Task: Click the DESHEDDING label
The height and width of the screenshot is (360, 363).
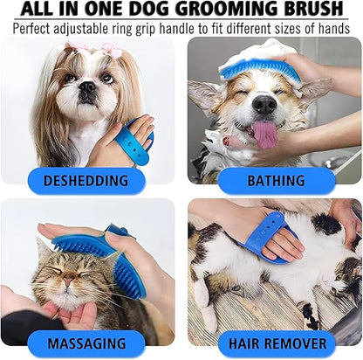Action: coord(86,181)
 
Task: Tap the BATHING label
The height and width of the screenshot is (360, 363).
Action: coord(276,181)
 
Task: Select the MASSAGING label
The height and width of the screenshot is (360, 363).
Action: coord(86,343)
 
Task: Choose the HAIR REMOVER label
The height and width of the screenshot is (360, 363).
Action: coord(277,343)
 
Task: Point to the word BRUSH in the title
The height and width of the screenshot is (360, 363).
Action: coord(313,9)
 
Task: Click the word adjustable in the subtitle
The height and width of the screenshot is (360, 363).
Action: coord(79,29)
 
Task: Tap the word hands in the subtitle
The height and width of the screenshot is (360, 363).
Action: coord(333,28)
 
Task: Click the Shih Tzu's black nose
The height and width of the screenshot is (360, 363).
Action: coord(87,87)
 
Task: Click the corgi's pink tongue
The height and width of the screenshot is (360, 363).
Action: coord(264,135)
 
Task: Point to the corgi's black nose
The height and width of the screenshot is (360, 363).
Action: coord(264,104)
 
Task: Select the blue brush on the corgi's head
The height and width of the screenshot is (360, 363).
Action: coord(259,70)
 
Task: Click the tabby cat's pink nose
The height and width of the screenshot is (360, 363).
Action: coord(68,281)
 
